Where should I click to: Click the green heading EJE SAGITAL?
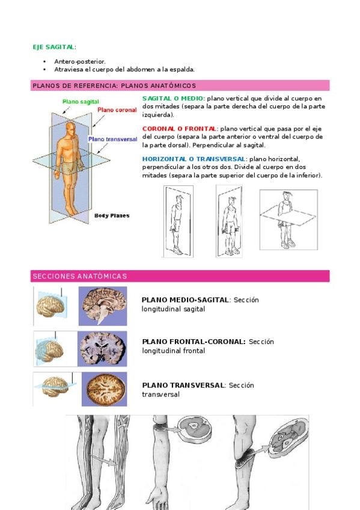54,47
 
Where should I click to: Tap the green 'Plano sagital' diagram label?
81,102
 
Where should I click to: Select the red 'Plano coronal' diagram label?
117,110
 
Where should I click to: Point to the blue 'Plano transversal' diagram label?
113,139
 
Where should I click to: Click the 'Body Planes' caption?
112,216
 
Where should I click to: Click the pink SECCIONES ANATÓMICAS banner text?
79,276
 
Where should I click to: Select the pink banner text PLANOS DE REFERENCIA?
75,86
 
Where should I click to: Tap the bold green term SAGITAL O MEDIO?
173,98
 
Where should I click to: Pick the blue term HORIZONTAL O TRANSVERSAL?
194,159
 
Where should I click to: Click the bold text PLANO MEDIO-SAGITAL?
185,300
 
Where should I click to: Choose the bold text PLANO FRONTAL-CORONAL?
194,342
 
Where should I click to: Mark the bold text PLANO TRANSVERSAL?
183,386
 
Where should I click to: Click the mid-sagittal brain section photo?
103,306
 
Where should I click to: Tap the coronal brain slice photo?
102,349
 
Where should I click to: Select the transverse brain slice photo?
105,389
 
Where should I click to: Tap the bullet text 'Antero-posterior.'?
80,61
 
